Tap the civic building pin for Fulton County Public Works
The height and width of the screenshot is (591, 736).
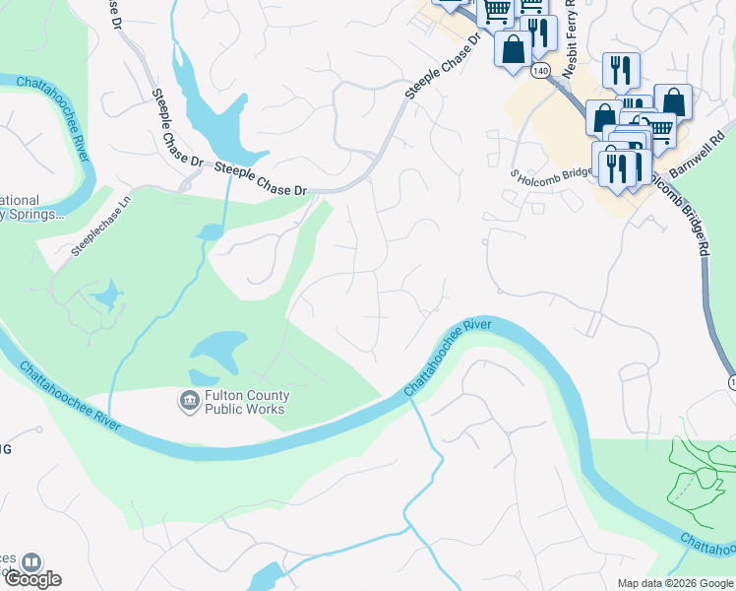(188, 401)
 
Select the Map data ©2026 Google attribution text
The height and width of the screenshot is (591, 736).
(675, 583)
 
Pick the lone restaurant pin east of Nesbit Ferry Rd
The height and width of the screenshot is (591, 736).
(621, 69)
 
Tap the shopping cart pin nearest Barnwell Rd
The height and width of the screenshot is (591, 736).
(658, 129)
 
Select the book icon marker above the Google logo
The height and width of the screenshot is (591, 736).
(31, 562)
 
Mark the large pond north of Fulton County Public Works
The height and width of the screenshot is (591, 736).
(218, 348)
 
